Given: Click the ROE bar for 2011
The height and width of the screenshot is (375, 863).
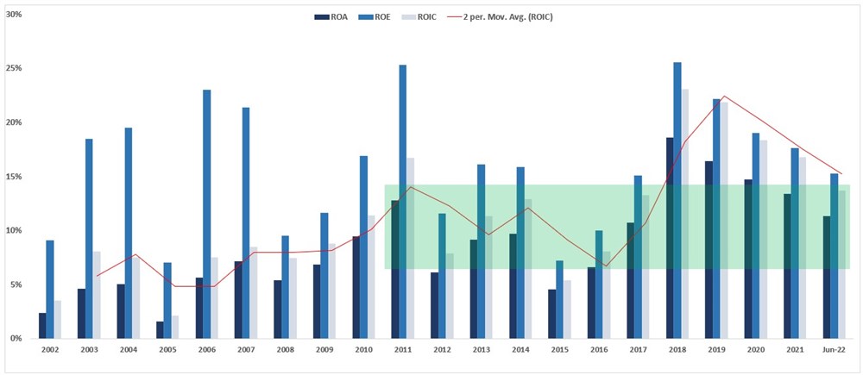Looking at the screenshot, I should click(x=403, y=202).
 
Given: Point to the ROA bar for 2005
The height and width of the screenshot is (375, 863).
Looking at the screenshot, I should click(x=160, y=330).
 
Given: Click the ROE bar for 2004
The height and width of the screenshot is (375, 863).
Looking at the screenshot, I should click(x=129, y=233).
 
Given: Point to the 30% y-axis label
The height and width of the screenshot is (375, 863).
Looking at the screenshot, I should click(x=14, y=15).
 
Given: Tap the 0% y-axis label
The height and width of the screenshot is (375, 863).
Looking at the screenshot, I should click(x=16, y=339).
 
